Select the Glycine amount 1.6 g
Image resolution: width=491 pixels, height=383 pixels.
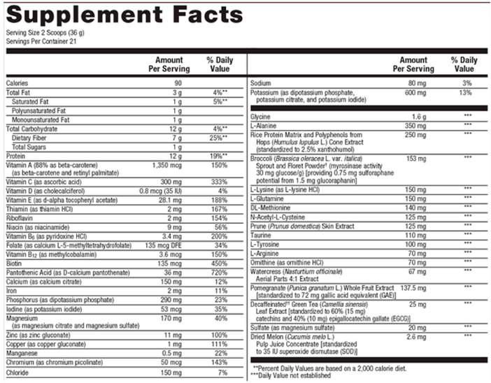tap(418, 116)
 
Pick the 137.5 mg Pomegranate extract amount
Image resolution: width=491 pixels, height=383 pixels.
tap(413, 287)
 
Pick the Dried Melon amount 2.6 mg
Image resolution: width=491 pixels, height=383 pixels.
tap(416, 337)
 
